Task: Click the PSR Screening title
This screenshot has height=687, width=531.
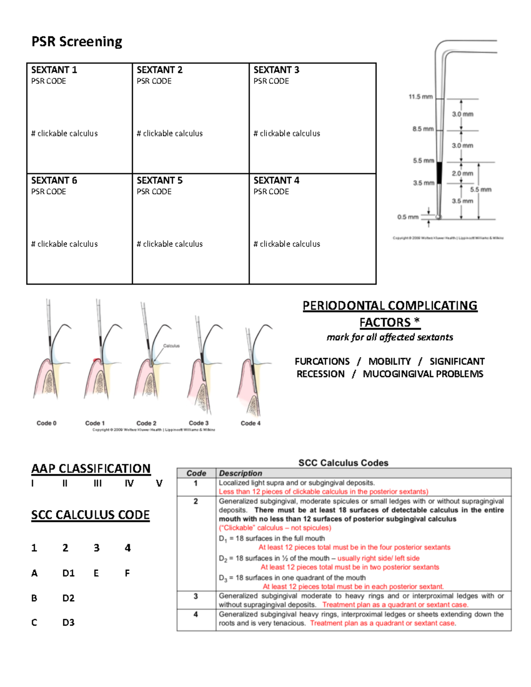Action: coord(77,42)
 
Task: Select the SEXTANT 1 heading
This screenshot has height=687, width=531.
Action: coord(54,70)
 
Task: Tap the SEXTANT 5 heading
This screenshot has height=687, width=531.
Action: coord(159,180)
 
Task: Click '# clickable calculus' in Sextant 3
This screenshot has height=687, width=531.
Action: coord(287,134)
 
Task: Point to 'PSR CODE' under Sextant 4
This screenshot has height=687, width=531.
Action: coord(271,192)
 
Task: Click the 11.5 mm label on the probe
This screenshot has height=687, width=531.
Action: coord(420,96)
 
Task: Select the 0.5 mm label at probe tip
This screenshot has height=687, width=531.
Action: coord(408,217)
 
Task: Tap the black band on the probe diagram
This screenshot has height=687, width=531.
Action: coord(439,173)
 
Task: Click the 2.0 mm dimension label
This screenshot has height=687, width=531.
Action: coord(462,173)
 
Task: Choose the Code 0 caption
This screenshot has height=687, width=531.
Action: coord(46,423)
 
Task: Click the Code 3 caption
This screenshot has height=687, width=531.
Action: coord(199,423)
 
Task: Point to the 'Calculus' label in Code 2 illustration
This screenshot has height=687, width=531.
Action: coord(171,346)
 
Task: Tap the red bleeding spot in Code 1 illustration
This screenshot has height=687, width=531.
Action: coord(94,361)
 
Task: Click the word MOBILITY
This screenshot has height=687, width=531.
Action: coord(389,361)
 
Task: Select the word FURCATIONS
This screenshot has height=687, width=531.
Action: coord(322,361)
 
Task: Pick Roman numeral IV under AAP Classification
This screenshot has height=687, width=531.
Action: coord(129,484)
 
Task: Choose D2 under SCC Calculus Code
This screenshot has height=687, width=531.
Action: coord(68,598)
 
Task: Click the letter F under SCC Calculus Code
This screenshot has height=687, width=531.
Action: coord(127,573)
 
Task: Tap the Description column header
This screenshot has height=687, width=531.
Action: coord(240,473)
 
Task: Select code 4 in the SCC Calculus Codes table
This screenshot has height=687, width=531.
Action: coord(196,614)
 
